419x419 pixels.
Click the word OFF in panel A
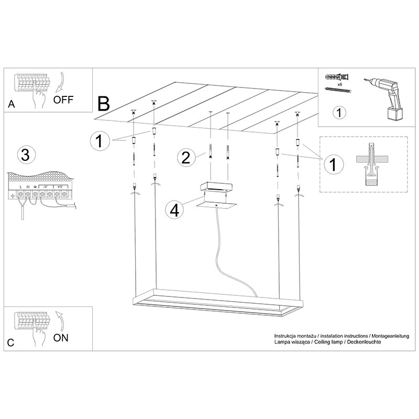pyautogui.click(x=63, y=100)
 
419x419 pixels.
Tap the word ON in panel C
pyautogui.click(x=61, y=338)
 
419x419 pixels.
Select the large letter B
pyautogui.click(x=104, y=104)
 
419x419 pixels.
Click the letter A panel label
pyautogui.click(x=11, y=104)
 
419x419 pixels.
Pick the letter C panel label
pyautogui.click(x=10, y=343)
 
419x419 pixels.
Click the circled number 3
pyautogui.click(x=26, y=155)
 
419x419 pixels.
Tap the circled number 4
pyautogui.click(x=175, y=210)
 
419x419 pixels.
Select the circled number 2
pyautogui.click(x=186, y=158)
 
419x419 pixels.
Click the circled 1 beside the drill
pyautogui.click(x=339, y=113)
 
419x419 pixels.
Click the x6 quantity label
pyautogui.click(x=340, y=84)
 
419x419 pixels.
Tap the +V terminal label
pyautogui.click(x=60, y=187)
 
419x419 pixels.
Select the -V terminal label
pyautogui.click(x=45, y=187)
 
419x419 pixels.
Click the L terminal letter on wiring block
pyautogui.click(x=20, y=187)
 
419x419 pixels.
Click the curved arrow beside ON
pyautogui.click(x=60, y=322)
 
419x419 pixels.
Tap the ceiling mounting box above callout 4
pyautogui.click(x=216, y=187)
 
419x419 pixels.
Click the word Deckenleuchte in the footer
pyautogui.click(x=364, y=342)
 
